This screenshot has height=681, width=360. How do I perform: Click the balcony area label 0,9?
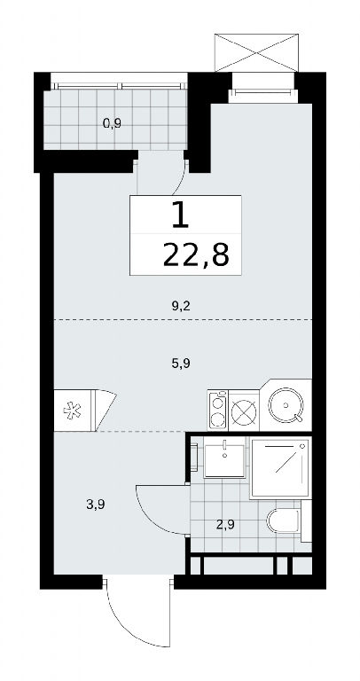pos(112,124)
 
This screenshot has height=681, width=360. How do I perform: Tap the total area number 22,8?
pos(196,255)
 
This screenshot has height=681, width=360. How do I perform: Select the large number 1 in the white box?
pos(180,215)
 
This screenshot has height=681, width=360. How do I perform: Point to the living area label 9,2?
pos(182,307)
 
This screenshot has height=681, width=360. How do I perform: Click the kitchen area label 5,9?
pos(182,363)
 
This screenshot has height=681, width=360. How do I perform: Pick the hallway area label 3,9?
pos(97,505)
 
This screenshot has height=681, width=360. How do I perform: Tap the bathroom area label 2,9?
pos(225,525)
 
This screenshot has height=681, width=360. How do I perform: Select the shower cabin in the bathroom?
pos(280,467)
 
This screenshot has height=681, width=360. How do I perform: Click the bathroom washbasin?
pos(224,460)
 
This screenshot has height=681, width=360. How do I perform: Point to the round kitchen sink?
pos(286,405)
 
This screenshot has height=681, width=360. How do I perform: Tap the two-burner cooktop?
pos(218,410)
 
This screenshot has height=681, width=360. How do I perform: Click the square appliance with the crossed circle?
pos(244,411)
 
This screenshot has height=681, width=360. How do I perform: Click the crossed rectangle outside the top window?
pos(257,52)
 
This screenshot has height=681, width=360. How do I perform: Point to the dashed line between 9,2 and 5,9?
pos(183,319)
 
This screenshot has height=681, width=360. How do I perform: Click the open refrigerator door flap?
pos(105,411)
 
